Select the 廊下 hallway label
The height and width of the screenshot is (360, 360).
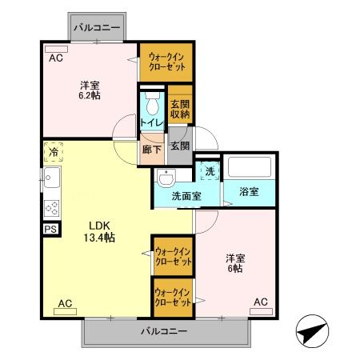[152, 149]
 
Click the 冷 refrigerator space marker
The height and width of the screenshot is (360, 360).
[53, 151]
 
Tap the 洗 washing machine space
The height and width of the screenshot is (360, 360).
[208, 172]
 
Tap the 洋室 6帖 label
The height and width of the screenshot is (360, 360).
[234, 263]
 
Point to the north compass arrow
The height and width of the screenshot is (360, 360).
[313, 330]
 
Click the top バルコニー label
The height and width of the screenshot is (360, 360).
[97, 28]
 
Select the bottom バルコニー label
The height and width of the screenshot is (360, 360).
[164, 331]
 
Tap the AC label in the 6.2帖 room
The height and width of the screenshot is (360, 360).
[55, 58]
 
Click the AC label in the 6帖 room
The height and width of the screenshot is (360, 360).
[259, 302]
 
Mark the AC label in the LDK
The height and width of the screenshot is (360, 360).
[66, 303]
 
